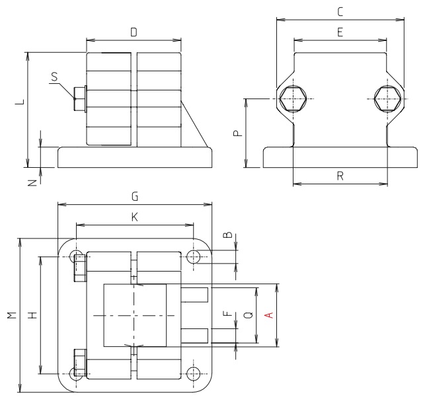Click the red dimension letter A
click(268, 315)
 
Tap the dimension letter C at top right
click(340, 11)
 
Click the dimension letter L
click(19, 103)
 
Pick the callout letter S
click(54, 77)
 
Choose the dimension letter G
click(134, 196)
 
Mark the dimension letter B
click(227, 235)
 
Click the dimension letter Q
click(247, 315)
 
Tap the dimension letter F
click(227, 315)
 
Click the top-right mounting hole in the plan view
click(194, 256)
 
